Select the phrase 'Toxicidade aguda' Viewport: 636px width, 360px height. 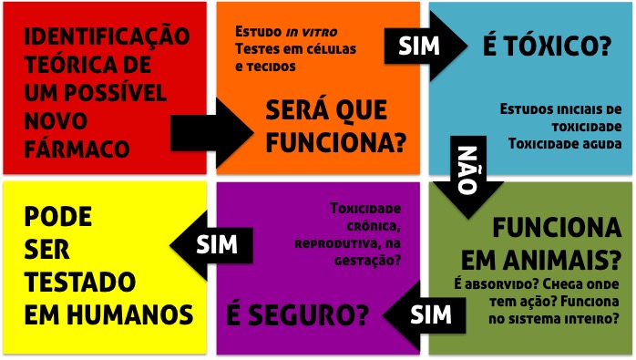coord(565,143)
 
